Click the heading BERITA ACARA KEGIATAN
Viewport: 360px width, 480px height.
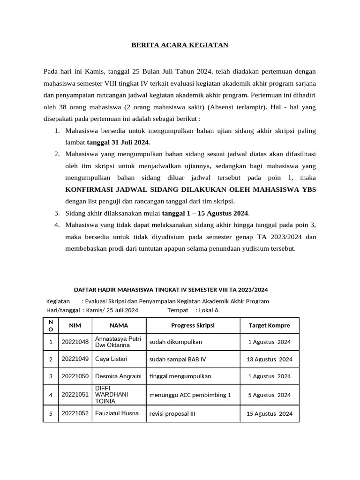point(180,45)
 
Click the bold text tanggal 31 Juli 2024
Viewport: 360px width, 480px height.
point(118,142)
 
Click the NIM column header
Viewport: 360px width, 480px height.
point(75,325)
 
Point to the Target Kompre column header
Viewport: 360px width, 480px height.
point(269,325)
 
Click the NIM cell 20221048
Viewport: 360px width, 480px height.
point(75,342)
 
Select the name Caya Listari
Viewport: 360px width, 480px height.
point(111,359)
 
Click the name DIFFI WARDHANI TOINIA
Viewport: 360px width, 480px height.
point(112,395)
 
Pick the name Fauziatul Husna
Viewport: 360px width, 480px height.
point(117,413)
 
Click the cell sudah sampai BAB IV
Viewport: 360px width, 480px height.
point(178,360)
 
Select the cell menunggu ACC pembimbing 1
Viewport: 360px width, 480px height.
point(190,395)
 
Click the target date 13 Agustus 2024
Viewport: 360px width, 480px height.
point(269,360)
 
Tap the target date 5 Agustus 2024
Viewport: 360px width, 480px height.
point(269,395)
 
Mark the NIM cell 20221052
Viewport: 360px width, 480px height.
point(75,413)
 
